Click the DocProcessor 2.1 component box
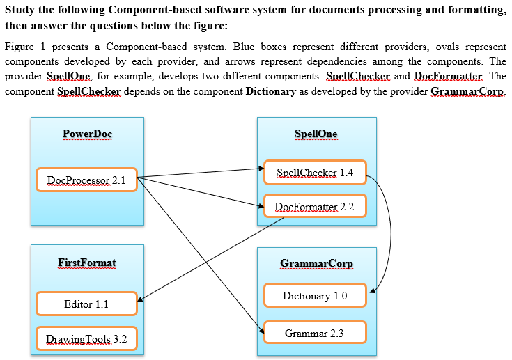click(86, 180)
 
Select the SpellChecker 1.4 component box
click(315, 172)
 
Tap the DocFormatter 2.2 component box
click(315, 207)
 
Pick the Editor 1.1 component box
click(86, 304)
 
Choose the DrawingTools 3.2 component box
click(86, 339)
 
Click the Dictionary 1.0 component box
click(315, 295)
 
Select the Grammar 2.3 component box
click(315, 334)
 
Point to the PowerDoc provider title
click(87, 134)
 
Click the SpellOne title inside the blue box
click(316, 134)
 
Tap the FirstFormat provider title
click(87, 263)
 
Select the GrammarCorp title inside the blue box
click(316, 263)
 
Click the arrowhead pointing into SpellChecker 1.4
click(261, 169)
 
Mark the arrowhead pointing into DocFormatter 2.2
click(261, 205)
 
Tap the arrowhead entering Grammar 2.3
click(261, 331)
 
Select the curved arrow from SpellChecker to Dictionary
click(389, 230)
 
